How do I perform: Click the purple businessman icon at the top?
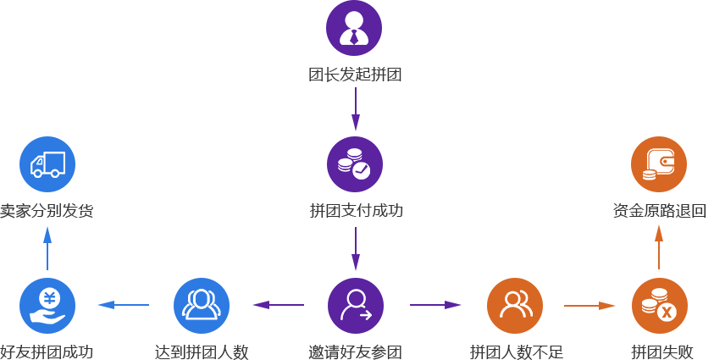point(353,27)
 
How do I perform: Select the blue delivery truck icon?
point(47,163)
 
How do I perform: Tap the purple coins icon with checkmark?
point(354,163)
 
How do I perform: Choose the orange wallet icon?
point(658,163)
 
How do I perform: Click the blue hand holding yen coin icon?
point(47,305)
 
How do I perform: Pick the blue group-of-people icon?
point(201,305)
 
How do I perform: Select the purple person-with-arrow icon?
point(355,305)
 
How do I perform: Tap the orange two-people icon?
point(514,305)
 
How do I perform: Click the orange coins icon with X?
point(659,305)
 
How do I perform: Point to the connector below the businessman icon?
point(355,108)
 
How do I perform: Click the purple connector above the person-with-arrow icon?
point(355,248)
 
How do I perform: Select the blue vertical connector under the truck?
point(47,247)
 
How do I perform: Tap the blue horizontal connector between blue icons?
point(123,304)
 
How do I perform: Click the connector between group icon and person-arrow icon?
point(278,304)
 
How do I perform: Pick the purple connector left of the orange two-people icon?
point(435,304)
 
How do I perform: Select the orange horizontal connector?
point(589,305)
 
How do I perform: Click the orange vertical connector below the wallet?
point(658,246)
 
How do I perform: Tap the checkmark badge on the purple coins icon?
point(362,170)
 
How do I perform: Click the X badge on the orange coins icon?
point(667,313)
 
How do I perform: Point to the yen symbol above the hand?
point(49,297)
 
